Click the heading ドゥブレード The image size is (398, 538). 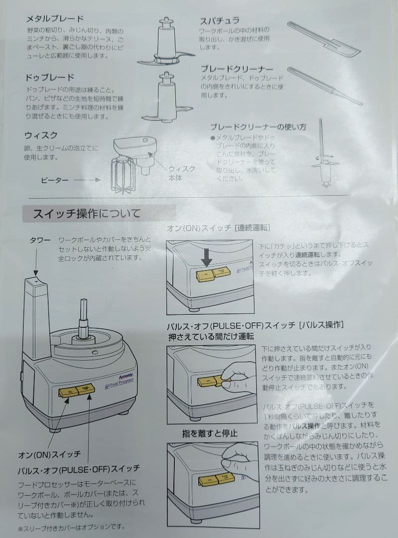coord(49,77)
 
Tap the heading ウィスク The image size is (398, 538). coord(41,135)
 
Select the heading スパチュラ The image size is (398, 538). coord(220,20)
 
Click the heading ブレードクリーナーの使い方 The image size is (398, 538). coord(258,127)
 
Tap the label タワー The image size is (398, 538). coord(40,240)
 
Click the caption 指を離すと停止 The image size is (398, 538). coord(209,433)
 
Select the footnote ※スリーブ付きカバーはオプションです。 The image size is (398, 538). coord(71,527)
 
